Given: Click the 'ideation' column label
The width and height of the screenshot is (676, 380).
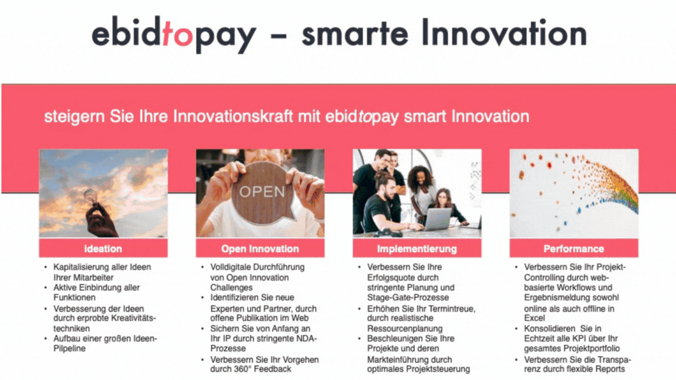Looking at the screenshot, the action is pos(103,249).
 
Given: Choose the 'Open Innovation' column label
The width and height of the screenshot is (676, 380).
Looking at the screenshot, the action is pos(260,249).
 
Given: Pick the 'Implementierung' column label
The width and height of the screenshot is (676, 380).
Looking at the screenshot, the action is pos(417,249).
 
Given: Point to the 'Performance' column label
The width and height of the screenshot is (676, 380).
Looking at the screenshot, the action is pos(574,249).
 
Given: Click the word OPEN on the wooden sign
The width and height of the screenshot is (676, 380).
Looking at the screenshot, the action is pos(262,192).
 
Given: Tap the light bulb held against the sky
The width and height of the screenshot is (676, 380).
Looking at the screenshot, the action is pos(92,198).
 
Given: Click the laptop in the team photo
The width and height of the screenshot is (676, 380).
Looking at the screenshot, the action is pos(438,218).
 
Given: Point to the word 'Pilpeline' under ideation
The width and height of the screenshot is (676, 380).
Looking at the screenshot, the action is pos(69,348).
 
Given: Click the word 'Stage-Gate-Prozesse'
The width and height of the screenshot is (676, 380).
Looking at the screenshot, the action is pos(408,297).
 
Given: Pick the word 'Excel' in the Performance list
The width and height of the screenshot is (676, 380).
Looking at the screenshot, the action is pos(535,318).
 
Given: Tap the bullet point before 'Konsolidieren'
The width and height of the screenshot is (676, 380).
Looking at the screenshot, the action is pos(516,329).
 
